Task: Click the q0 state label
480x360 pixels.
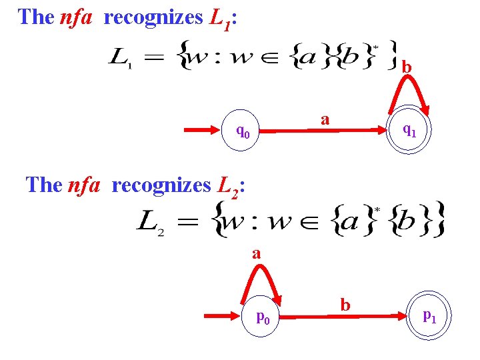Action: point(244,131)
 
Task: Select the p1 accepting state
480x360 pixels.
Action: point(429,316)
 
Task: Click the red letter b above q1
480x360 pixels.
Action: point(407,67)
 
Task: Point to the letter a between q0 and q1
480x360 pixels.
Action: point(325,119)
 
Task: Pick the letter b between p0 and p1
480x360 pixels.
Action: point(345,305)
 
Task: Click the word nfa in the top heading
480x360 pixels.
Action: point(75,17)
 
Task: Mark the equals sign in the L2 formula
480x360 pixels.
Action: point(188,221)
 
